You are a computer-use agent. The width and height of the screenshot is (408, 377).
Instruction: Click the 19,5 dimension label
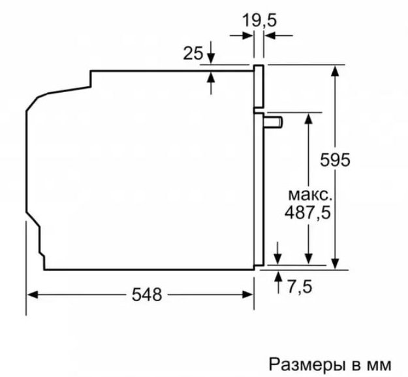pos(259,21)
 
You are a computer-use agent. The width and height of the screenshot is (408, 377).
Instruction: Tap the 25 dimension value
pos(193,54)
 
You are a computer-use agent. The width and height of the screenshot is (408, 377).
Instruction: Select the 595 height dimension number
pos(335,159)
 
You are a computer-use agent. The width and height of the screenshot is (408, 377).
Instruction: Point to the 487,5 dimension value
pos(307,213)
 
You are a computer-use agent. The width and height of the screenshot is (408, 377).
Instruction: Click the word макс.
pos(310,195)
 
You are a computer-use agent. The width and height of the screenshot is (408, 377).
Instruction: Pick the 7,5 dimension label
pos(300,287)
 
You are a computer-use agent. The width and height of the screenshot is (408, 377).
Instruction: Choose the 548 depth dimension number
pos(147,295)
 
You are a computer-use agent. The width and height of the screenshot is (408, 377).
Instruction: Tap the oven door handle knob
pos(274,122)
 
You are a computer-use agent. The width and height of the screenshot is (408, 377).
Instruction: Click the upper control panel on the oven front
pos(259,86)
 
